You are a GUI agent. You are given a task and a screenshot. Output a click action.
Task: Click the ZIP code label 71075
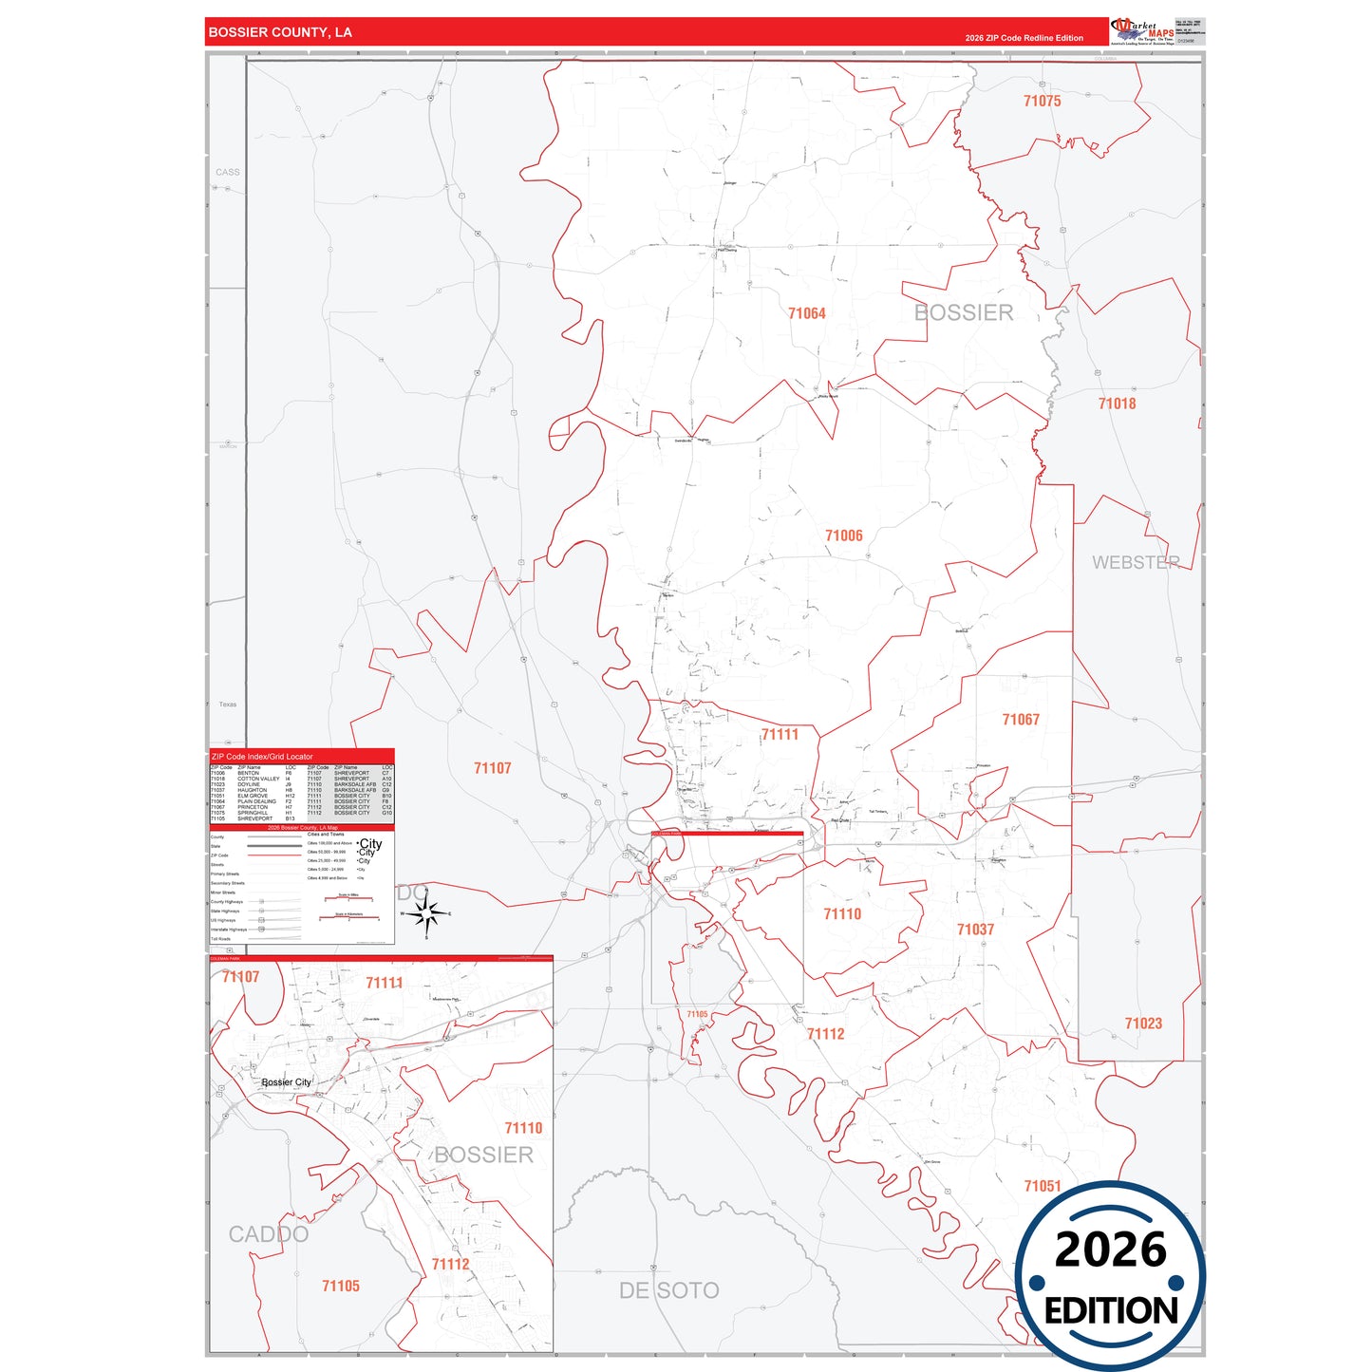point(1042,102)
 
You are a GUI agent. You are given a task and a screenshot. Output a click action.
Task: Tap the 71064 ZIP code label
point(806,313)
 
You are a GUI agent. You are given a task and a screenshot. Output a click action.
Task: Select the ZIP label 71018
point(1117,404)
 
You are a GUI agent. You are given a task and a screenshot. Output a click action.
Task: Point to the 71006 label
point(843,536)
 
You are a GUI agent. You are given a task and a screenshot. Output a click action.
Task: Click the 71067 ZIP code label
point(1021,720)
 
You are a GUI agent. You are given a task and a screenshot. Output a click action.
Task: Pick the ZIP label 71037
point(975,930)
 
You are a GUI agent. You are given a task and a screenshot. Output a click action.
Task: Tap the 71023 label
point(1143,1024)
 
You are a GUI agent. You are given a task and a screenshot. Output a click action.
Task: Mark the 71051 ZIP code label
point(1042,1186)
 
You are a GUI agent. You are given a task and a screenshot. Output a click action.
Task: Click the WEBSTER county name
point(1136,562)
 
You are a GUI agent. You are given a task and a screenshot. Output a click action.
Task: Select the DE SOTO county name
point(668,1290)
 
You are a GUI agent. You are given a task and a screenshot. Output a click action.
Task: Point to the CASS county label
point(228,172)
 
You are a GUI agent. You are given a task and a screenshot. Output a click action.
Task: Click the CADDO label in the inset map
point(269,1234)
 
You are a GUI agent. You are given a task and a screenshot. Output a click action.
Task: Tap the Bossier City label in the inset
point(286,1082)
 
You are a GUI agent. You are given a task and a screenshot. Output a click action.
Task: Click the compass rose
point(426,914)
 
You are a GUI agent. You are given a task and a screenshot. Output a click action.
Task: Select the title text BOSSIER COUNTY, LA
point(280,32)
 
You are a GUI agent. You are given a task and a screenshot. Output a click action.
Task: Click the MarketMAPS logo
point(1141,31)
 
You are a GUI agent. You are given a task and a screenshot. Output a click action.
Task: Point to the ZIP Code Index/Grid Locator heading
point(262,757)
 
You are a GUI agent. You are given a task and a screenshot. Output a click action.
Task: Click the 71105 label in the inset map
point(340,1287)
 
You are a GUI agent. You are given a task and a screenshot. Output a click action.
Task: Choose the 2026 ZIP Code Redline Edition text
point(1024,38)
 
